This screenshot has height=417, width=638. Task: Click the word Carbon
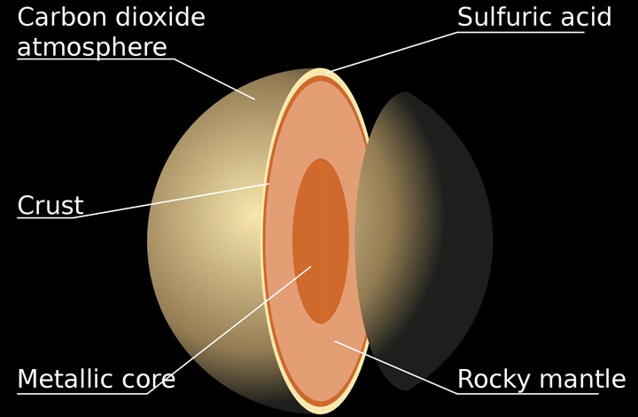coord(61,17)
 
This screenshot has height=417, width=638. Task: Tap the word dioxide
coord(160,17)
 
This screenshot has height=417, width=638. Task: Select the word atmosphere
coord(92,47)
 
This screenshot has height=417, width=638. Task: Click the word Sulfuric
coord(502,17)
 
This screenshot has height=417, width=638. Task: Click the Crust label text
coord(51,205)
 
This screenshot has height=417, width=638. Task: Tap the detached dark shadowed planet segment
coord(427,241)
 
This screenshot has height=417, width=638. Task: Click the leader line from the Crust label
coord(171,201)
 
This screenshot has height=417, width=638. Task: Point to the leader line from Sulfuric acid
coord(393,52)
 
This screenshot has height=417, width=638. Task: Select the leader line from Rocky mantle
coord(395,367)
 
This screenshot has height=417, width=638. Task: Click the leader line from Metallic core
coord(230,330)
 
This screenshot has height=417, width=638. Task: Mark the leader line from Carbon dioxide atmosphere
coord(214,79)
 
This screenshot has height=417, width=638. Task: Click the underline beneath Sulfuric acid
coord(521,32)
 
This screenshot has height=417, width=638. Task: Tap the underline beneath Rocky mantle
coord(528,394)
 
